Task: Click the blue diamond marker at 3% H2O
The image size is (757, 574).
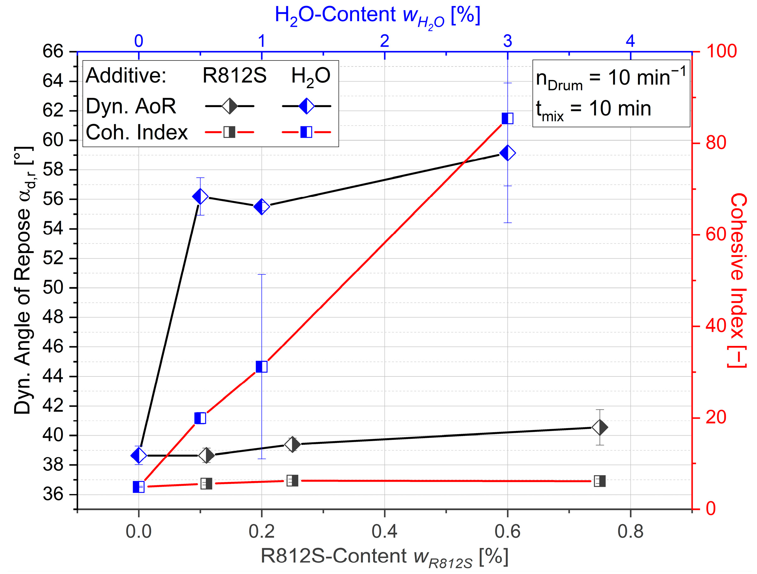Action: click(x=507, y=153)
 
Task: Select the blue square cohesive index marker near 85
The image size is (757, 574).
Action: click(x=507, y=118)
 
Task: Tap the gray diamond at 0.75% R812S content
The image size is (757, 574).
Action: click(x=599, y=428)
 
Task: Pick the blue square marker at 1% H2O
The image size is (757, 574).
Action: click(x=261, y=367)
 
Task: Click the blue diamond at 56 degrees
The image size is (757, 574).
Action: click(x=200, y=197)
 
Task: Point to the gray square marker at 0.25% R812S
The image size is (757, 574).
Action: click(x=292, y=480)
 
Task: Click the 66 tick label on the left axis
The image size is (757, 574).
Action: click(x=53, y=52)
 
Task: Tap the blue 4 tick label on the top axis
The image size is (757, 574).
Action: click(x=630, y=41)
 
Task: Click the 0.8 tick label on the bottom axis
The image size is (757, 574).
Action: click(x=630, y=531)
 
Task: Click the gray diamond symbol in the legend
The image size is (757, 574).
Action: click(x=229, y=106)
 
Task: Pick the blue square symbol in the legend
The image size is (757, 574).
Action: click(x=306, y=132)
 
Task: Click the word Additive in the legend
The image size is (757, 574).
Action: click(x=126, y=75)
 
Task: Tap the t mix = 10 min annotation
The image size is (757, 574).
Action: click(x=594, y=110)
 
